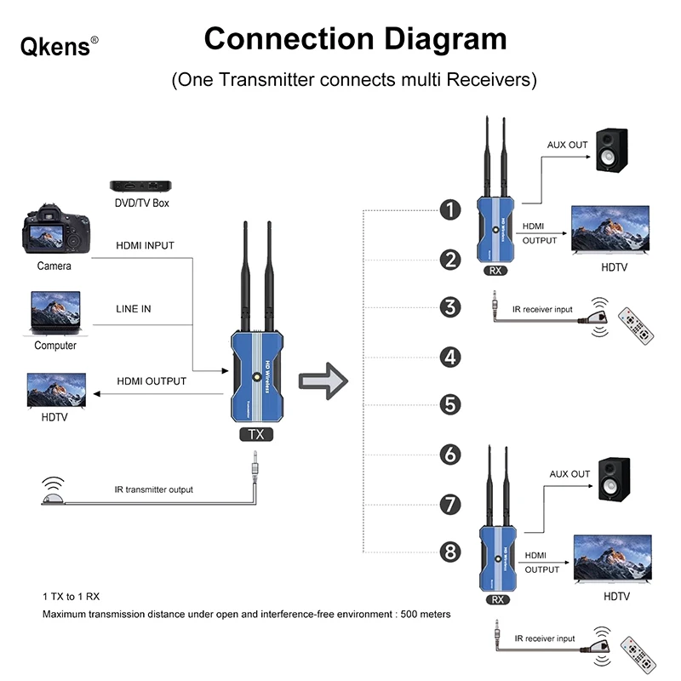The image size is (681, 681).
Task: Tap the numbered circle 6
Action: tap(451, 454)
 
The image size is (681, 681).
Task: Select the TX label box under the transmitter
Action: tap(255, 434)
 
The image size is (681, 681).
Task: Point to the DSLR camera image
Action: tap(53, 229)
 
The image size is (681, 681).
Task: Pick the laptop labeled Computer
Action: tap(55, 312)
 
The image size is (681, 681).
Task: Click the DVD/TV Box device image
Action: tap(141, 185)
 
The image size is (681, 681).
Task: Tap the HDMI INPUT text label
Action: tap(145, 245)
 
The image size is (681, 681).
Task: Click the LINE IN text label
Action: tap(134, 308)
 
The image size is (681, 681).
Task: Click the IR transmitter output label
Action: tap(153, 489)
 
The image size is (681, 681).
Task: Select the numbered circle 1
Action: tap(451, 209)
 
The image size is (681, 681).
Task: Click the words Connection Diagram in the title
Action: tap(355, 38)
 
